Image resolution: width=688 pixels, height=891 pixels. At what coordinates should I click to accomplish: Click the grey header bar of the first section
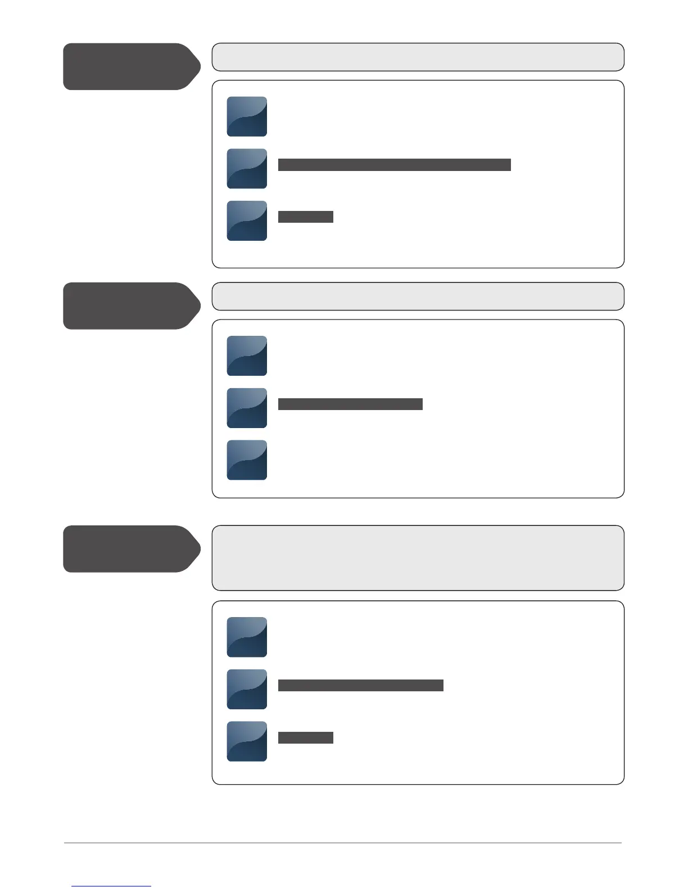[x=418, y=57]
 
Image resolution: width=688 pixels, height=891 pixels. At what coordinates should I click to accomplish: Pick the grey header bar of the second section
[x=418, y=296]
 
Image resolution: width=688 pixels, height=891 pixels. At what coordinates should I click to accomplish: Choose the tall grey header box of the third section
[x=418, y=558]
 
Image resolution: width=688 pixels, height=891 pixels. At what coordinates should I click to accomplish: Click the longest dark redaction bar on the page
[x=394, y=165]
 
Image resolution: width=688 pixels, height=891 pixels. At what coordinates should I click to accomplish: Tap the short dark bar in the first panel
[x=305, y=217]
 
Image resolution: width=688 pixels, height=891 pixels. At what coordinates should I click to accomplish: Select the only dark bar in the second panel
[x=350, y=404]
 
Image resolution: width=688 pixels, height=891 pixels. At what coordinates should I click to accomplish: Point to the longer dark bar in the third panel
[x=360, y=685]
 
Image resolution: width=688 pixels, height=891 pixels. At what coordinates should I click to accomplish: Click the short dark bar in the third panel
[x=305, y=738]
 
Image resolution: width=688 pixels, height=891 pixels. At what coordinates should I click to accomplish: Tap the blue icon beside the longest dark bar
[x=247, y=169]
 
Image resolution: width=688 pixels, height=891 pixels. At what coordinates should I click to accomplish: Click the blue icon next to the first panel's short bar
[x=247, y=220]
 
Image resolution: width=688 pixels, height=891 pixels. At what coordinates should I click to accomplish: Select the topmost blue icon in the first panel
[x=247, y=116]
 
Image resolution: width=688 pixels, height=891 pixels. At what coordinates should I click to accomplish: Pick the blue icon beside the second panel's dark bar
[x=247, y=408]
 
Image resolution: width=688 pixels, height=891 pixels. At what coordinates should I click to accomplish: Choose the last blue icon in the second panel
[x=247, y=460]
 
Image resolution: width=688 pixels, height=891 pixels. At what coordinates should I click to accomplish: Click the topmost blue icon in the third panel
[x=247, y=637]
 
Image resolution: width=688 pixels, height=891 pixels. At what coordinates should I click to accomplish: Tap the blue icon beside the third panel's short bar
[x=247, y=741]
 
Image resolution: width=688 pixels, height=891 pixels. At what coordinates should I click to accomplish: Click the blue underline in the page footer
[x=111, y=886]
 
